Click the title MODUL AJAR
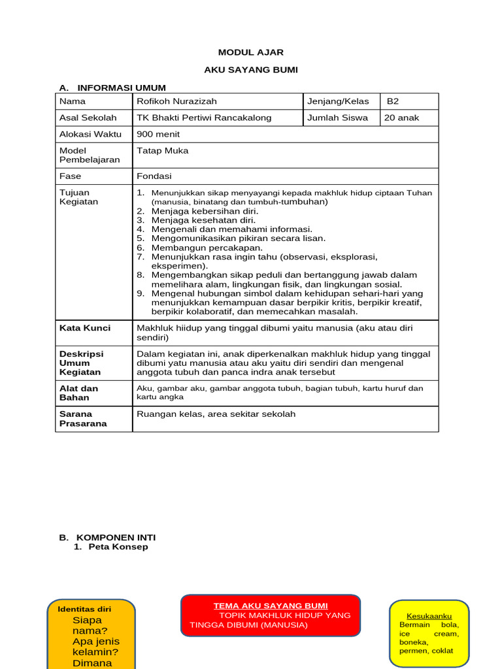[x=251, y=52]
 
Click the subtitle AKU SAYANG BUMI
[x=251, y=70]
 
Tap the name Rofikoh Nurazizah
[x=176, y=101]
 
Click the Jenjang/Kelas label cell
[x=338, y=101]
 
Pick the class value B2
[x=393, y=101]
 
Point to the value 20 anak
[x=402, y=118]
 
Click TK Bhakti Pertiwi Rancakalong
[x=203, y=118]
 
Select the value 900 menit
[x=158, y=134]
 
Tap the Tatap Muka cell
[x=162, y=150]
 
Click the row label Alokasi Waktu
[x=90, y=134]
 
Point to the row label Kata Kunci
[x=85, y=328]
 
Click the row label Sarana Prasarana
[x=83, y=418]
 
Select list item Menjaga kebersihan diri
[x=205, y=211]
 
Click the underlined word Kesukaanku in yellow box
[x=429, y=616]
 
